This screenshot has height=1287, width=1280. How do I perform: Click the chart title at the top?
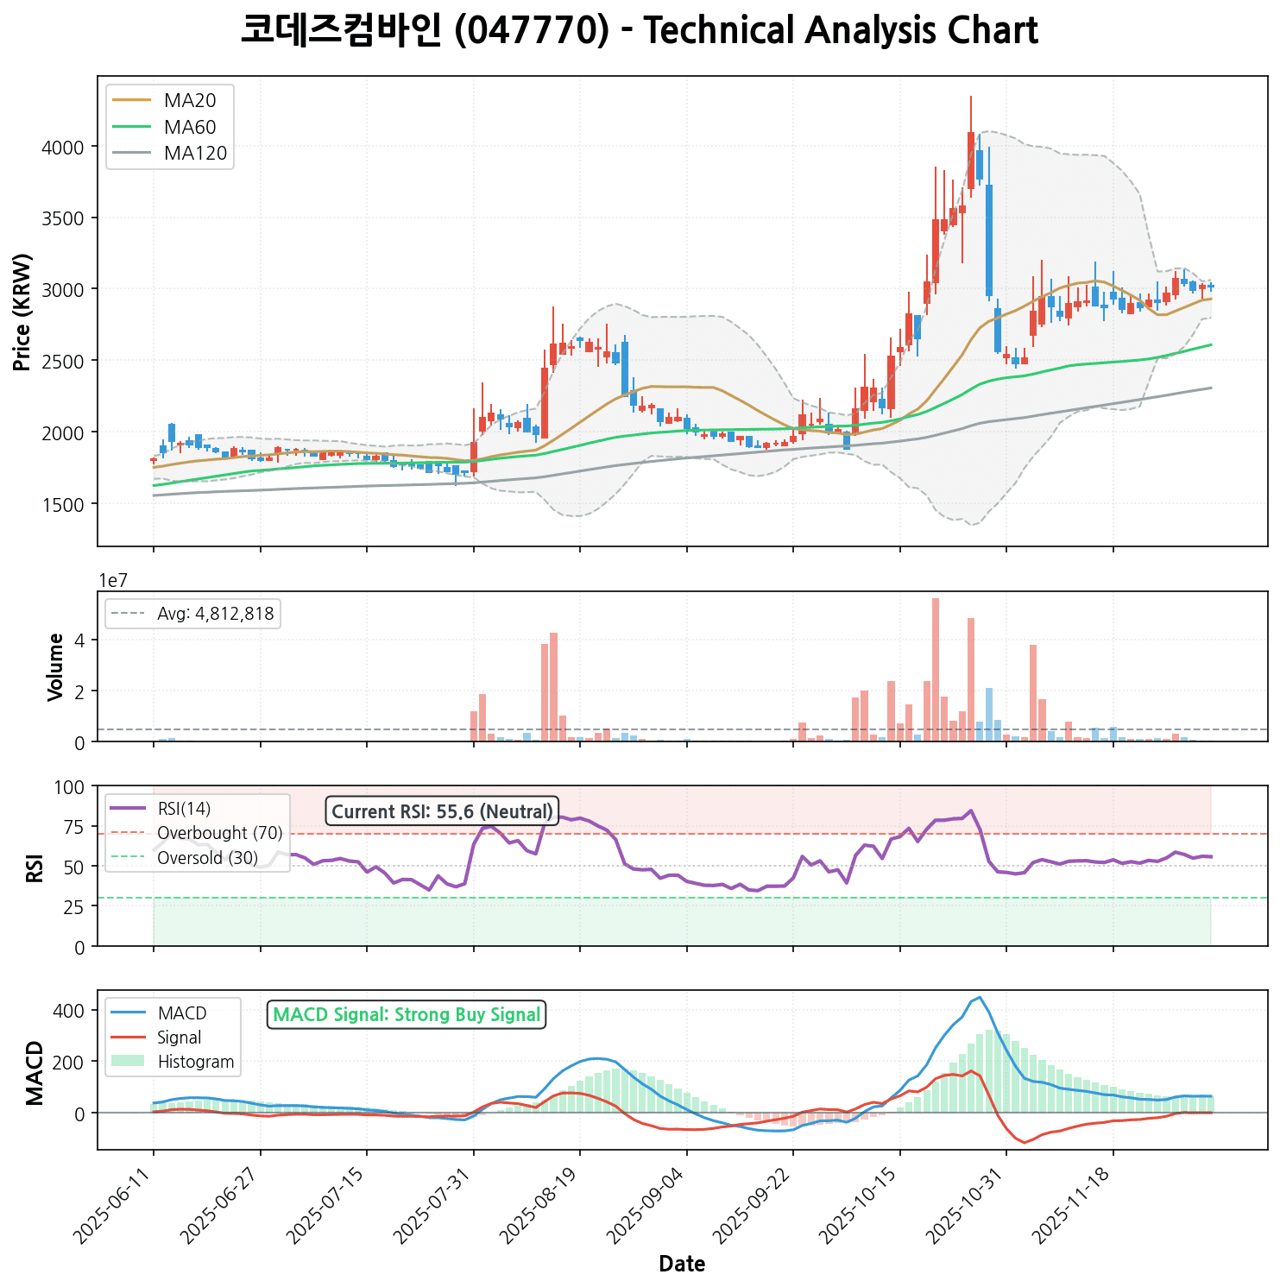[x=639, y=31]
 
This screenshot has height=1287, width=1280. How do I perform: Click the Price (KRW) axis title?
[x=23, y=312]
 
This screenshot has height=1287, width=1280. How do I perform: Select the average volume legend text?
[x=215, y=614]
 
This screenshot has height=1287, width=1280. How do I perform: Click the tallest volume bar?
[x=936, y=670]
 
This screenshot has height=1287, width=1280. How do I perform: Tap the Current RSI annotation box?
[x=442, y=811]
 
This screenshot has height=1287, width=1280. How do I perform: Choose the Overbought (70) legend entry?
[x=219, y=833]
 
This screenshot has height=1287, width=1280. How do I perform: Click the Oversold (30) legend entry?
[x=207, y=858]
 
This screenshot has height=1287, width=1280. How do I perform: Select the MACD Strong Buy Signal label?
[x=407, y=1015]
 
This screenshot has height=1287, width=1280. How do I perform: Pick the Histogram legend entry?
[x=196, y=1062]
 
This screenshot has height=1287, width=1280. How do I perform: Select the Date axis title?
[x=682, y=1265]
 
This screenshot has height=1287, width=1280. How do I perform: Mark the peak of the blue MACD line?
[x=979, y=998]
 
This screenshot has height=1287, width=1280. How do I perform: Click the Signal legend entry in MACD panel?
[x=180, y=1038]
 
